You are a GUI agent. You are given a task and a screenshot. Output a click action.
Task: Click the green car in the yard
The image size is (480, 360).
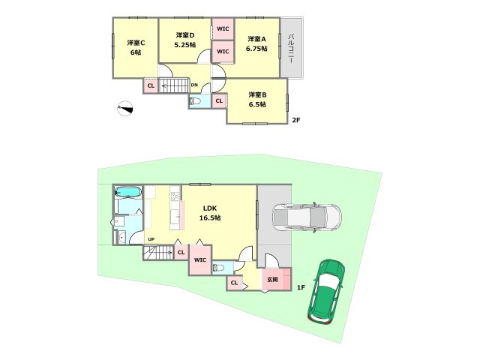click(x=326, y=292)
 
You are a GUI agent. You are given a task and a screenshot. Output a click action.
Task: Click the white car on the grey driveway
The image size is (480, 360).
click(x=307, y=217)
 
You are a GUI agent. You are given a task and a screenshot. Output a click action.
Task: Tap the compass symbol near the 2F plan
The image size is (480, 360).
click(x=125, y=108)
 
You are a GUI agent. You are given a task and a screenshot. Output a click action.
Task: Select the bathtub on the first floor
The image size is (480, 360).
click(x=128, y=192)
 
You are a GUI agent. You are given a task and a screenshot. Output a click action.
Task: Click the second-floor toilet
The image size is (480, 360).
click(x=195, y=101)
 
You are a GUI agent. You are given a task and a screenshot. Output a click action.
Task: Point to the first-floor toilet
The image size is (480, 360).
click(x=218, y=268)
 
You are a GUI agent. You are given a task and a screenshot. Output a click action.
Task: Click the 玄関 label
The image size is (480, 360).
click(x=272, y=280)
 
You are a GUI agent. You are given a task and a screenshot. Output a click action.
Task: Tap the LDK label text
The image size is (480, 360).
click(x=210, y=208)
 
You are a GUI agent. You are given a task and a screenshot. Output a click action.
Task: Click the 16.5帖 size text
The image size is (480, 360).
click(x=210, y=218)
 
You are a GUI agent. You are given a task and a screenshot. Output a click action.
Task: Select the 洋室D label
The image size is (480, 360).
click(x=185, y=35)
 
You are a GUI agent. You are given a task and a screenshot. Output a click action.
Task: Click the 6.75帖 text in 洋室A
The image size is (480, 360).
click(x=256, y=49)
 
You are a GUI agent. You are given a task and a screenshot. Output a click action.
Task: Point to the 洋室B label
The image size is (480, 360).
click(x=257, y=94)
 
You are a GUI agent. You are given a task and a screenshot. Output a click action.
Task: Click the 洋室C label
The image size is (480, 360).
click(x=136, y=43)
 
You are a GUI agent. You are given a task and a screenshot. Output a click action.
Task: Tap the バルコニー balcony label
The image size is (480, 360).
click(x=291, y=49)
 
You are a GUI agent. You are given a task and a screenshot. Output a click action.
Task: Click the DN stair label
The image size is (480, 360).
click(x=194, y=85)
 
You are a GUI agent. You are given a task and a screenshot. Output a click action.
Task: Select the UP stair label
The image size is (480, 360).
click(x=151, y=239)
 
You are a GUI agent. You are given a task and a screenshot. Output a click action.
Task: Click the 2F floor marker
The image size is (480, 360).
click(x=296, y=120)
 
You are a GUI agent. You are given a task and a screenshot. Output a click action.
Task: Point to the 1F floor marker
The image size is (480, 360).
click(x=301, y=287)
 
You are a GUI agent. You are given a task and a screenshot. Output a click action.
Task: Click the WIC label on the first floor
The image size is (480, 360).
click(x=200, y=260)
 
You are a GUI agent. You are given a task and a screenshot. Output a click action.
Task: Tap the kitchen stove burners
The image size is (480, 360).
click(x=175, y=196)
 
